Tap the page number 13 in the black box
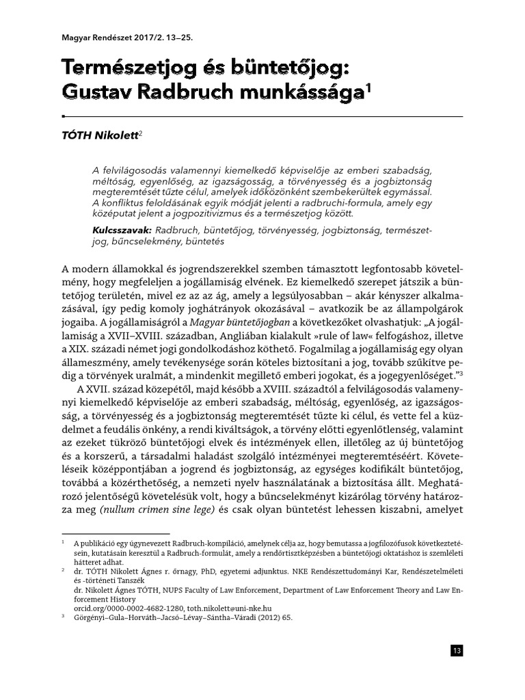457,651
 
